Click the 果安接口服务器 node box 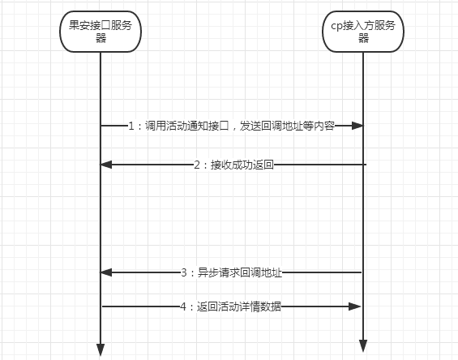pyautogui.click(x=101, y=32)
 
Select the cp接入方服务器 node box pyautogui.click(x=363, y=32)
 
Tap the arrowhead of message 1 pyautogui.click(x=357, y=126)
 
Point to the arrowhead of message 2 pyautogui.click(x=106, y=165)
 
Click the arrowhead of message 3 pyautogui.click(x=106, y=272)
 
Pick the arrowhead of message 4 pyautogui.click(x=355, y=306)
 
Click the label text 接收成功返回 pyautogui.click(x=242, y=165)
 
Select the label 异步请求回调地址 pyautogui.click(x=240, y=272)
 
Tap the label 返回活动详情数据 pyautogui.click(x=239, y=306)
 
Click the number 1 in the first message pyautogui.click(x=131, y=126)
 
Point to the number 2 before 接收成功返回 pyautogui.click(x=197, y=165)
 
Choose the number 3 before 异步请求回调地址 pyautogui.click(x=184, y=272)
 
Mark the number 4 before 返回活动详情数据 pyautogui.click(x=183, y=306)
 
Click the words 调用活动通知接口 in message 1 pyautogui.click(x=187, y=126)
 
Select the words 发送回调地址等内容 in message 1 pyautogui.click(x=288, y=126)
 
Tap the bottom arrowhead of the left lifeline pyautogui.click(x=101, y=349)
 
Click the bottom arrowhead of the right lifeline pyautogui.click(x=363, y=346)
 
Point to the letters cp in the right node pyautogui.click(x=336, y=26)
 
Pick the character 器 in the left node pyautogui.click(x=101, y=38)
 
